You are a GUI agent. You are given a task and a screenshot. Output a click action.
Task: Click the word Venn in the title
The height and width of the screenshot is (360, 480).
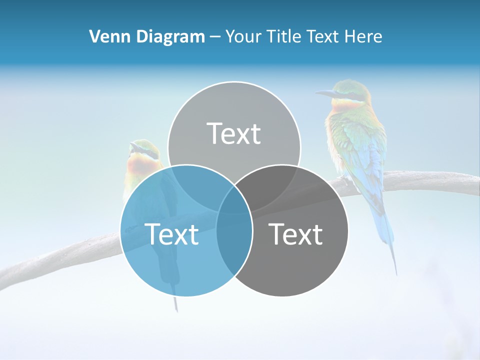click(106, 36)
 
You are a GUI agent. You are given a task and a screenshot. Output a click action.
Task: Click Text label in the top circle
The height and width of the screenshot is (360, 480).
click(234, 134)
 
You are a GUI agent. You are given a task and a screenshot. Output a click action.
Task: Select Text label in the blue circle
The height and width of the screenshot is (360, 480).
click(171, 234)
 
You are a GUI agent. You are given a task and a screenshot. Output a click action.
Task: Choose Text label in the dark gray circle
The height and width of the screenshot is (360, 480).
click(296, 234)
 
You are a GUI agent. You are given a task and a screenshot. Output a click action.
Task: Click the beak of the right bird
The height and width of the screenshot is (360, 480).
click(324, 93)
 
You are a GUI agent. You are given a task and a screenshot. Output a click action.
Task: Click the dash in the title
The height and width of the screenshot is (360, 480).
click(215, 37)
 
